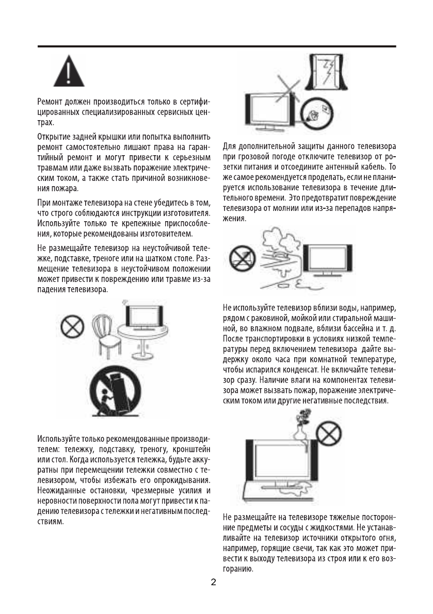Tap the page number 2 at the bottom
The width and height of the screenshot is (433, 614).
[x=214, y=583]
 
